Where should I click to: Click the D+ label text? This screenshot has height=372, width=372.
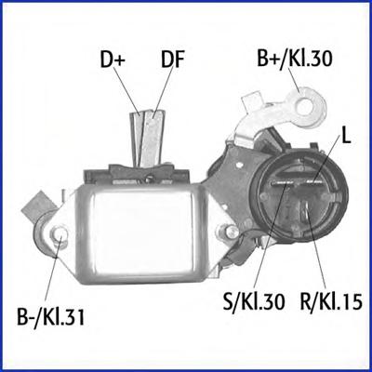[113, 60]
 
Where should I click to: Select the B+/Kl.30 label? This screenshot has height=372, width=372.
[295, 59]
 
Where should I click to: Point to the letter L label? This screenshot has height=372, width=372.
[346, 136]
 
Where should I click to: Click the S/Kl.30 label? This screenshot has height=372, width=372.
[254, 301]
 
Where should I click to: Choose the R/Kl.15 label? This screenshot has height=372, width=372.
[331, 301]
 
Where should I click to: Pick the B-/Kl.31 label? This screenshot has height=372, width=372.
[50, 316]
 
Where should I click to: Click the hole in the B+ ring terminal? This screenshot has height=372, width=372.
[305, 107]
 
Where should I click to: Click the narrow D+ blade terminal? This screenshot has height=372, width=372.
[136, 138]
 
